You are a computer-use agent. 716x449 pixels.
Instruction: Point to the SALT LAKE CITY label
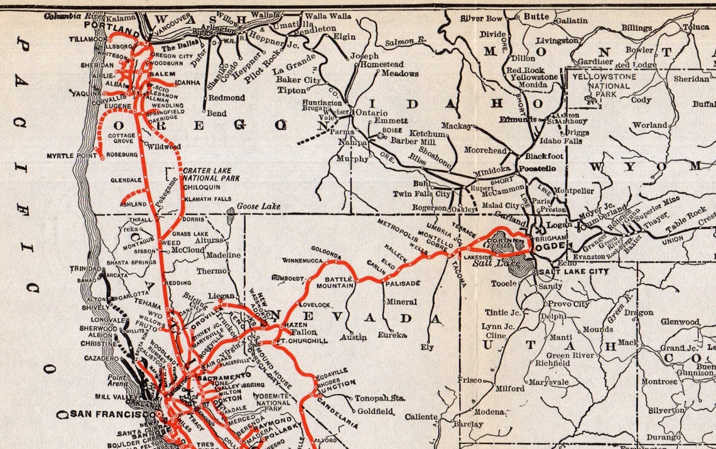(574, 271)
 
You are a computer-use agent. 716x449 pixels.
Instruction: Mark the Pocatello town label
(537, 169)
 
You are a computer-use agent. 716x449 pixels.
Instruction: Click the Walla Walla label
(328, 15)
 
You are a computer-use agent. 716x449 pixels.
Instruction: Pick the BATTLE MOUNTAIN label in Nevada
(339, 282)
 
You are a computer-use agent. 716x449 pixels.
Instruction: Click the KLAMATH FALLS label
(203, 198)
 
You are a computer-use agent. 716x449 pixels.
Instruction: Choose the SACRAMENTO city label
(219, 379)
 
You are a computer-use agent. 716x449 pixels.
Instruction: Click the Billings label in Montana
(637, 28)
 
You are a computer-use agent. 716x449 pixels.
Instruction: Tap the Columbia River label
(73, 16)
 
